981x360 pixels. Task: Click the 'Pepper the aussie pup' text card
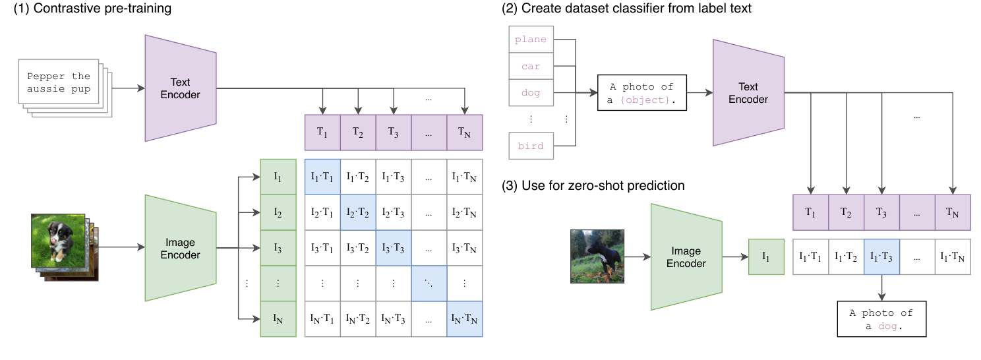click(59, 82)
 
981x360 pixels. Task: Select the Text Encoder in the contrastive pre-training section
click(180, 88)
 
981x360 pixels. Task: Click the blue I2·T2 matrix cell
click(358, 212)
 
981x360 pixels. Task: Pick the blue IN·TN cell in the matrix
click(465, 319)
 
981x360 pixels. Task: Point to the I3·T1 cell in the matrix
click(322, 248)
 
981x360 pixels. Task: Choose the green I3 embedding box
click(278, 248)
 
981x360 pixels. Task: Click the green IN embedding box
click(278, 319)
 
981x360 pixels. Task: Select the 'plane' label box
click(531, 40)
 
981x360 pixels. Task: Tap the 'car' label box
click(531, 67)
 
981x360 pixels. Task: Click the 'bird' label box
click(531, 146)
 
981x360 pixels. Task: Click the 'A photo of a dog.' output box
click(881, 319)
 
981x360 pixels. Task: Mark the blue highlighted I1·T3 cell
click(881, 256)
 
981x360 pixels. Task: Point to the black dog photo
click(597, 256)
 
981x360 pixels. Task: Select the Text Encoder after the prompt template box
click(748, 93)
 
